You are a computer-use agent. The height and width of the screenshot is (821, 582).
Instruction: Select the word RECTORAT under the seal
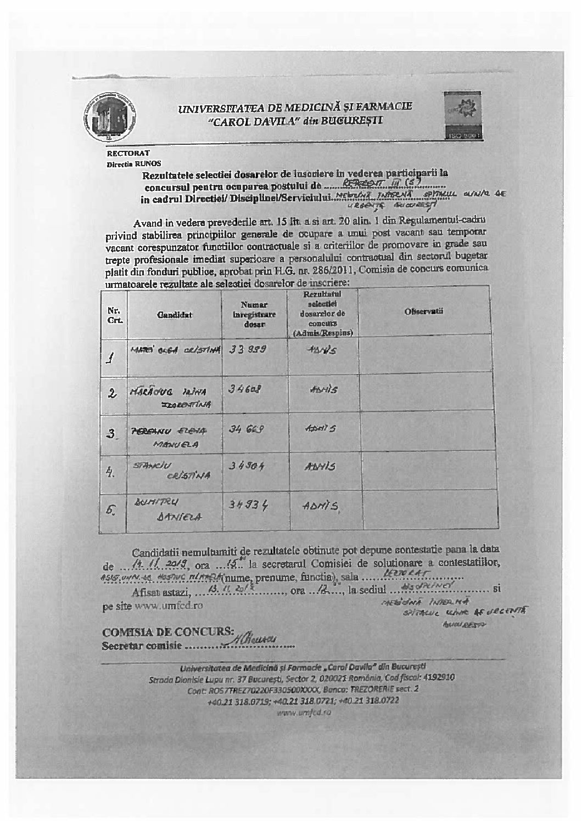128,154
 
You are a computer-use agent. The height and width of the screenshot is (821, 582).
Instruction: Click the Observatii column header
423,312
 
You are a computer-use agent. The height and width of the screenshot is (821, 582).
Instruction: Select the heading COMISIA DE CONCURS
169,632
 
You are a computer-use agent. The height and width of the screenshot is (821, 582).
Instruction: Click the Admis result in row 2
324,390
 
